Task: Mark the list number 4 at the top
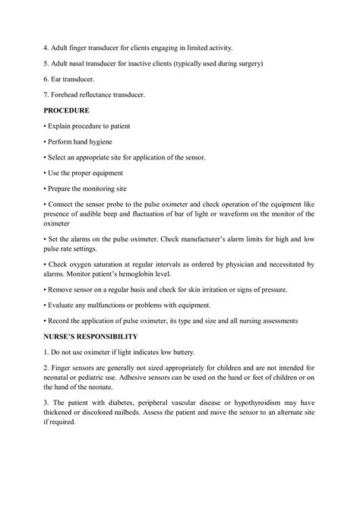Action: click(47, 46)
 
